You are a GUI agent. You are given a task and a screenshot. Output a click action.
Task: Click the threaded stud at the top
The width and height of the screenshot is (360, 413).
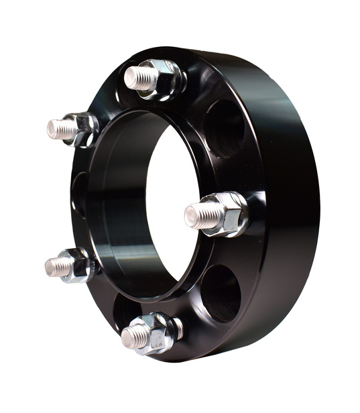tap(139, 78)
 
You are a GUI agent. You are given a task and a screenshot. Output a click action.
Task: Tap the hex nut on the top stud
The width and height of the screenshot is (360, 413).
tap(163, 76)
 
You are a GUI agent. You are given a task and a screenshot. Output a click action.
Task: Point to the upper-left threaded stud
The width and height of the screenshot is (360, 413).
tap(61, 129)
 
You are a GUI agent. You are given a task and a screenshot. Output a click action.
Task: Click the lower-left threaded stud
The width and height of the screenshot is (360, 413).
tap(58, 267)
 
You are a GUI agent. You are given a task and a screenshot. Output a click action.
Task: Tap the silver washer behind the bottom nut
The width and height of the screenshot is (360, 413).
tap(178, 328)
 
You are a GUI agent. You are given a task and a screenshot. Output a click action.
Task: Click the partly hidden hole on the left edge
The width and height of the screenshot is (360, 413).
tap(78, 194)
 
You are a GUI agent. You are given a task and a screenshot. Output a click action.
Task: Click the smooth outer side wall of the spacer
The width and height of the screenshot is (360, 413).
tap(295, 201)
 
